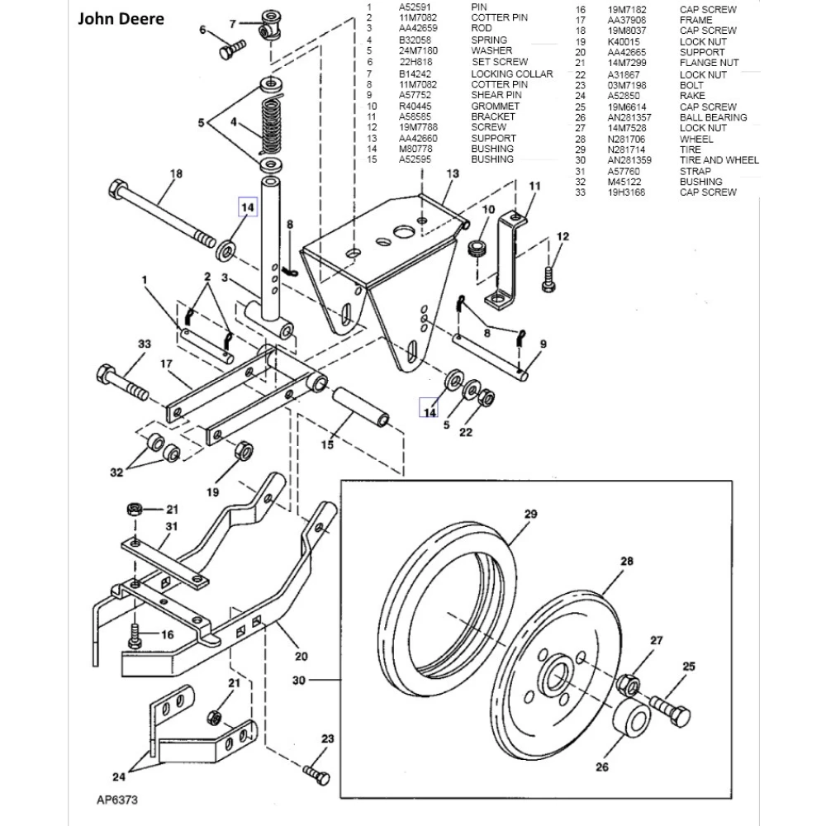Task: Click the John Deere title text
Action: point(120,19)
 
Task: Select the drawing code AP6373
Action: point(116,800)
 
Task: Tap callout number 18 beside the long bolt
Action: point(175,173)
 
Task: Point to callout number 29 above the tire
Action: point(530,514)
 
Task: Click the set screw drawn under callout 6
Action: point(229,50)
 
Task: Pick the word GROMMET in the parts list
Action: point(495,106)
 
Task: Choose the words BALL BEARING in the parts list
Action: point(713,117)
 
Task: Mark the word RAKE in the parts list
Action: point(692,96)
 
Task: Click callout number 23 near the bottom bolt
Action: point(326,738)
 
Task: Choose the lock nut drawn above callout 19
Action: point(245,453)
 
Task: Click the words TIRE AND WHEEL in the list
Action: point(719,160)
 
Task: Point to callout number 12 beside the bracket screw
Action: point(563,237)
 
